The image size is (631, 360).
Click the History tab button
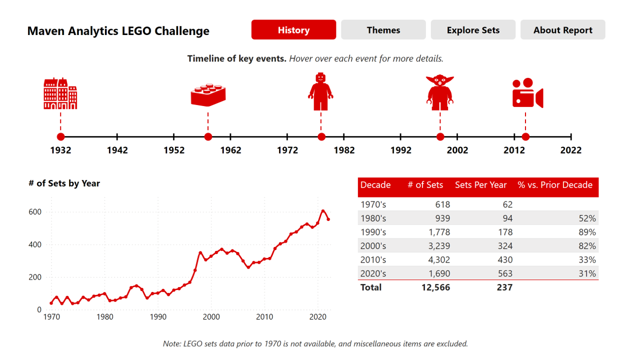point(293,30)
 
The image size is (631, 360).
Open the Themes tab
point(383,30)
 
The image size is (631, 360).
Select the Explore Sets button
point(473,30)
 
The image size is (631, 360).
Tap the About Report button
point(562,30)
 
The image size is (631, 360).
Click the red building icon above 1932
point(60,93)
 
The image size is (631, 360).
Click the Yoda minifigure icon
point(439,92)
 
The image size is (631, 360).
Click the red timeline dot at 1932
point(60,137)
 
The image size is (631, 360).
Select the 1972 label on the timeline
point(287,150)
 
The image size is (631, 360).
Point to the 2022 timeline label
point(570,150)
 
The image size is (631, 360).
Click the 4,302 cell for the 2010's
point(439,260)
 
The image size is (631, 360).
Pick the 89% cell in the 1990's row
point(587,232)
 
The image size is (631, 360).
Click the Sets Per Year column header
point(480,185)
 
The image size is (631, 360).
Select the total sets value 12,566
point(435,287)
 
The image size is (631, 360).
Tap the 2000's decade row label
point(373,246)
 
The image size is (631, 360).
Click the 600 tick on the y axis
point(35,212)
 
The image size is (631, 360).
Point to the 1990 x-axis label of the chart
point(158,317)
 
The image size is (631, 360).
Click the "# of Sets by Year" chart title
point(64,183)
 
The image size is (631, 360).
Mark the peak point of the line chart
point(323,211)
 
